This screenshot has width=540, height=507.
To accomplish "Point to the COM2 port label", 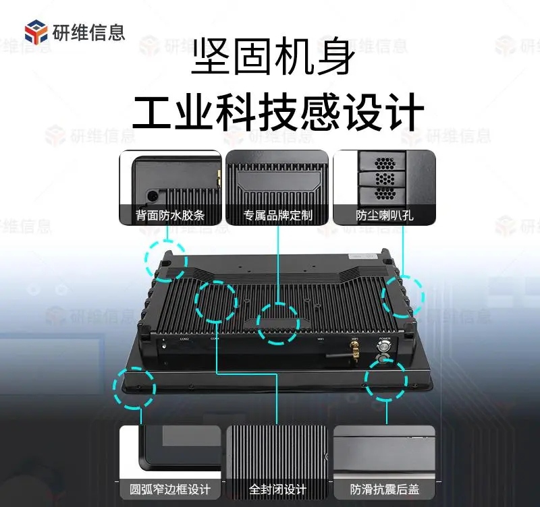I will pos(184,339).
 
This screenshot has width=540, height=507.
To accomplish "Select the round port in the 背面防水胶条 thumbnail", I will pos(153,195).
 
